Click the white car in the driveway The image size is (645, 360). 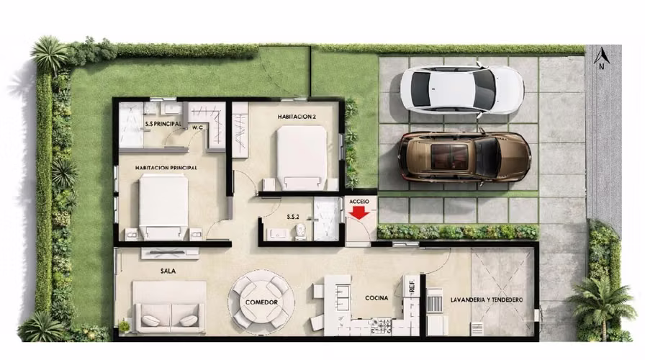(462, 90)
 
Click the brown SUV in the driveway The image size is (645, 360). (464, 157)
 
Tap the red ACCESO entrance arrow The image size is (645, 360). (359, 212)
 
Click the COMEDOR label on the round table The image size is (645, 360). (261, 302)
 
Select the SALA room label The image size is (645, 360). (168, 271)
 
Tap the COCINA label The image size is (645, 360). (376, 298)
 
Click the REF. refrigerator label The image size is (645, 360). (412, 284)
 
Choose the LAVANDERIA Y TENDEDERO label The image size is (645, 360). (487, 300)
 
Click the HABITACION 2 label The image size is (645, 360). (297, 117)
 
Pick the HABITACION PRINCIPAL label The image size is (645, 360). (166, 168)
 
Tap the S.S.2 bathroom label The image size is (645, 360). (293, 217)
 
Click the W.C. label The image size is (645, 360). (198, 127)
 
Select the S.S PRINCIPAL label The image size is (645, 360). (163, 123)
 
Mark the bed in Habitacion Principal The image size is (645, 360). (163, 207)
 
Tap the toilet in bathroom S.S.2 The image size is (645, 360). (301, 232)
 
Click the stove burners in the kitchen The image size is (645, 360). (381, 326)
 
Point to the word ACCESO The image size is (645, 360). (359, 202)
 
